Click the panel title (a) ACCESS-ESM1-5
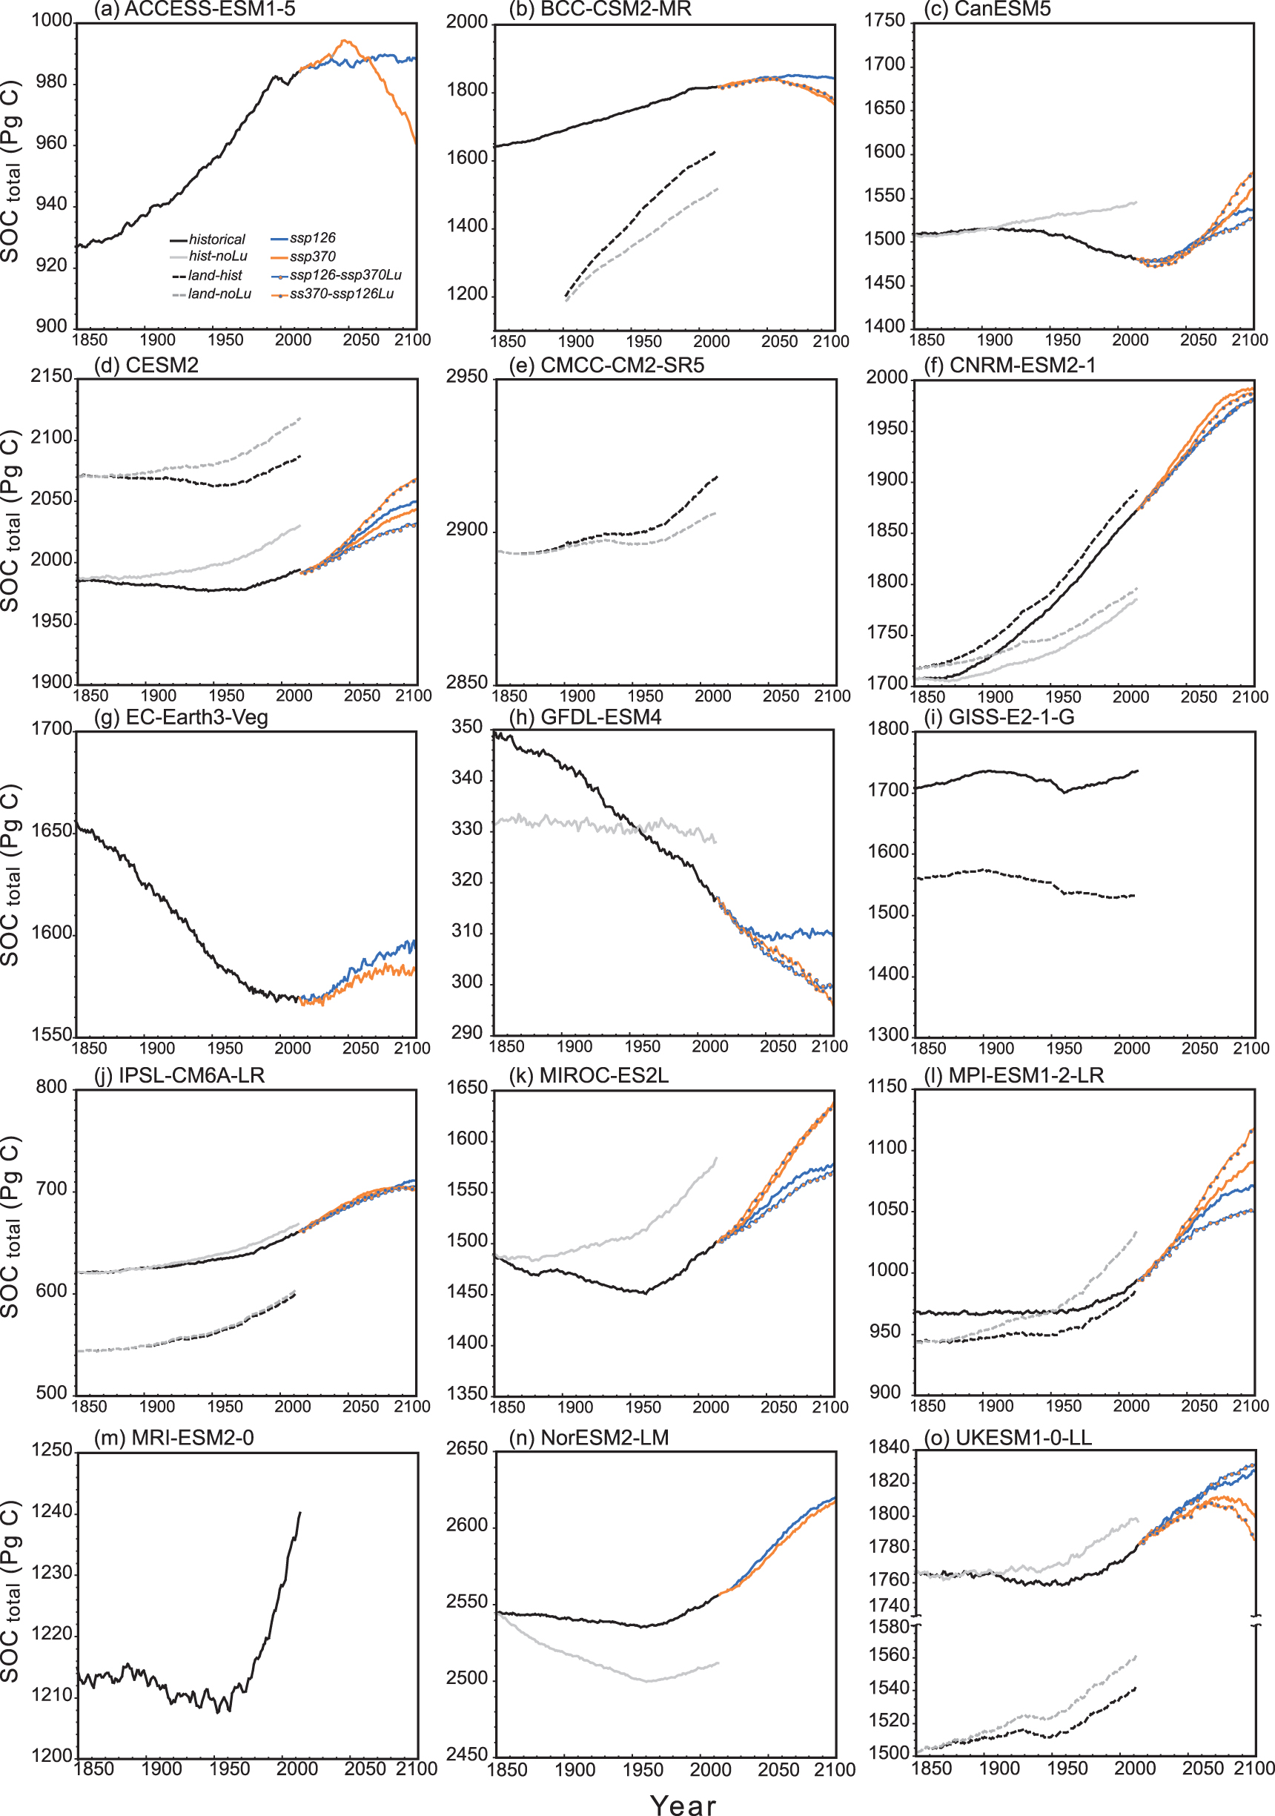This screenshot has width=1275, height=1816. coord(194,10)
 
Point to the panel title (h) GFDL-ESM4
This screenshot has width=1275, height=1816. coord(585,716)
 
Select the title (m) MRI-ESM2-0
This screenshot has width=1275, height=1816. coord(174,1437)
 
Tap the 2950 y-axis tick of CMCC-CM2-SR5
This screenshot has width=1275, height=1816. coord(467,377)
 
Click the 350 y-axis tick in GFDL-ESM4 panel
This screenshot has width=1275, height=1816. coord(466,727)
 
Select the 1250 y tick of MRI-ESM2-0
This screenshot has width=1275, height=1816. coord(52,1450)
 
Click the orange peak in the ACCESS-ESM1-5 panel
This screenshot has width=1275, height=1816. coord(345,40)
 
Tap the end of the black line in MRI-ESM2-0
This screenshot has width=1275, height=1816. coord(299,1513)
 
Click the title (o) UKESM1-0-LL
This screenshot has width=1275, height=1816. coord(1008,1437)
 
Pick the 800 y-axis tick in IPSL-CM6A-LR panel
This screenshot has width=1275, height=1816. coord(51,1087)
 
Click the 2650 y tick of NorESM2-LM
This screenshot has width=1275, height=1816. coord(467,1448)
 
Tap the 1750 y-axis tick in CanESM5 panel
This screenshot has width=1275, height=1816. coord(884,21)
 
